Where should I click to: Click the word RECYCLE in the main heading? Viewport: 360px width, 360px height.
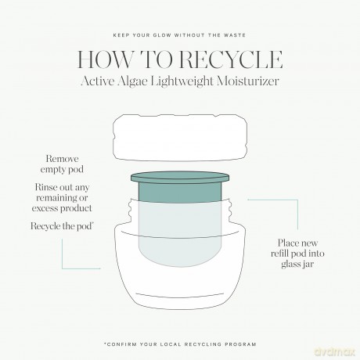click(x=232, y=59)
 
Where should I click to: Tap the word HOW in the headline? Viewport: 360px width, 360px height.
click(x=105, y=59)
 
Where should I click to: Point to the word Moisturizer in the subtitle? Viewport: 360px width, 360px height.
click(x=248, y=81)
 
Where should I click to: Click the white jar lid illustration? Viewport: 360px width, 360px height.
click(x=180, y=137)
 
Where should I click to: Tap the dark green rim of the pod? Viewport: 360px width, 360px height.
click(x=180, y=178)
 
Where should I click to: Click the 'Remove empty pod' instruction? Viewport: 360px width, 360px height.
click(x=62, y=164)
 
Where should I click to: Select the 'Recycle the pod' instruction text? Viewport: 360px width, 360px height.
click(x=62, y=226)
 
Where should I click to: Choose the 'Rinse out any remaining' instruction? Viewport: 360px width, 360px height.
click(x=62, y=198)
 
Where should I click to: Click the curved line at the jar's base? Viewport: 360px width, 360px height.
click(x=180, y=297)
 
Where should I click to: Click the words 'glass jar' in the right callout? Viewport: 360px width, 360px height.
click(x=297, y=264)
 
